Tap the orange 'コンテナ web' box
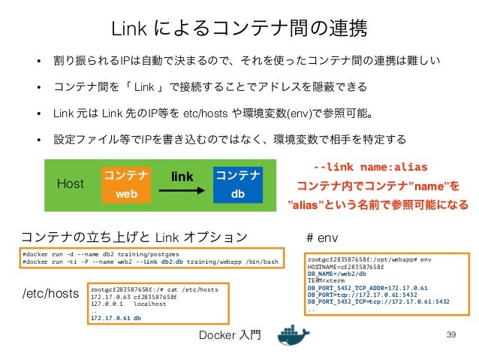(125, 183)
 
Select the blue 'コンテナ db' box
(237, 183)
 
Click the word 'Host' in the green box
(71, 183)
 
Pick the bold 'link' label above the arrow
(182, 176)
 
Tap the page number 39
(451, 334)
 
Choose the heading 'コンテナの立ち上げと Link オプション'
(133, 237)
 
